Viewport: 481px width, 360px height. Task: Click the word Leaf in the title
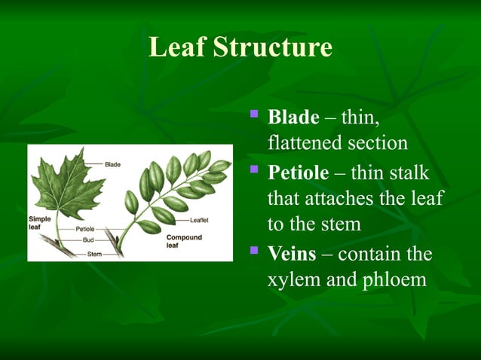(177, 47)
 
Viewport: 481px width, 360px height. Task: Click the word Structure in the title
(272, 47)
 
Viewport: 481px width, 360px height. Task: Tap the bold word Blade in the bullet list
(294, 117)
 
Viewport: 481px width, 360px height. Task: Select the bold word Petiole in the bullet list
(299, 173)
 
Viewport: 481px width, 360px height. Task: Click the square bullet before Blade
(253, 115)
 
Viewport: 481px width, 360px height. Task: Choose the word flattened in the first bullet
(305, 143)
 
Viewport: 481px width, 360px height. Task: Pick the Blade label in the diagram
(113, 164)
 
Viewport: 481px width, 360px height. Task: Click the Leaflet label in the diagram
(200, 221)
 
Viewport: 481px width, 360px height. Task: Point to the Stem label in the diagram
(94, 255)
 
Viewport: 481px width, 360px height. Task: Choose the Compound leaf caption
(182, 241)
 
